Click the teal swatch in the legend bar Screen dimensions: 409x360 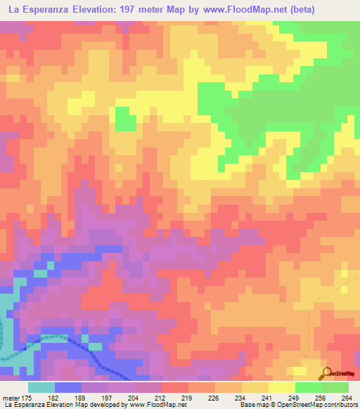pyautogui.click(x=41, y=387)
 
